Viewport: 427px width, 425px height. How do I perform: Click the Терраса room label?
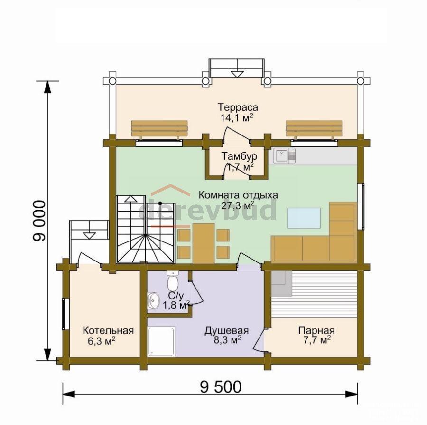tap(238, 107)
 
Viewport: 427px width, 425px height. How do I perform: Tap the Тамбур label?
tap(239, 156)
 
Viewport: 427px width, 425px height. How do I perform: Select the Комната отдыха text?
tap(238, 195)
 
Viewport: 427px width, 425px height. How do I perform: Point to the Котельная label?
tap(108, 330)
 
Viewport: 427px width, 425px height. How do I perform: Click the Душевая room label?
tap(227, 330)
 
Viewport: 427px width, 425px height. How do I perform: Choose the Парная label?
tap(316, 330)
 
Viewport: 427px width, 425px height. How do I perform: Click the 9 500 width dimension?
tap(221, 387)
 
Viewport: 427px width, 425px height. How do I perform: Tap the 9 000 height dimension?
tap(39, 221)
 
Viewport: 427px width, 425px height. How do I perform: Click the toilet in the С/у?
tap(172, 281)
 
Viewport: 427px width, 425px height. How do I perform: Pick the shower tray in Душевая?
tap(161, 342)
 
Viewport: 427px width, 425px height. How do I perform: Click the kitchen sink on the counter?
tap(285, 156)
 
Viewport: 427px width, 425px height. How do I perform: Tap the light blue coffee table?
tap(304, 218)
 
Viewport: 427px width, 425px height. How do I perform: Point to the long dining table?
tap(204, 243)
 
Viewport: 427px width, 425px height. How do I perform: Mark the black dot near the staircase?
tap(160, 203)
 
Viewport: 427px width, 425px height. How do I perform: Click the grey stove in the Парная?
tap(281, 284)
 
